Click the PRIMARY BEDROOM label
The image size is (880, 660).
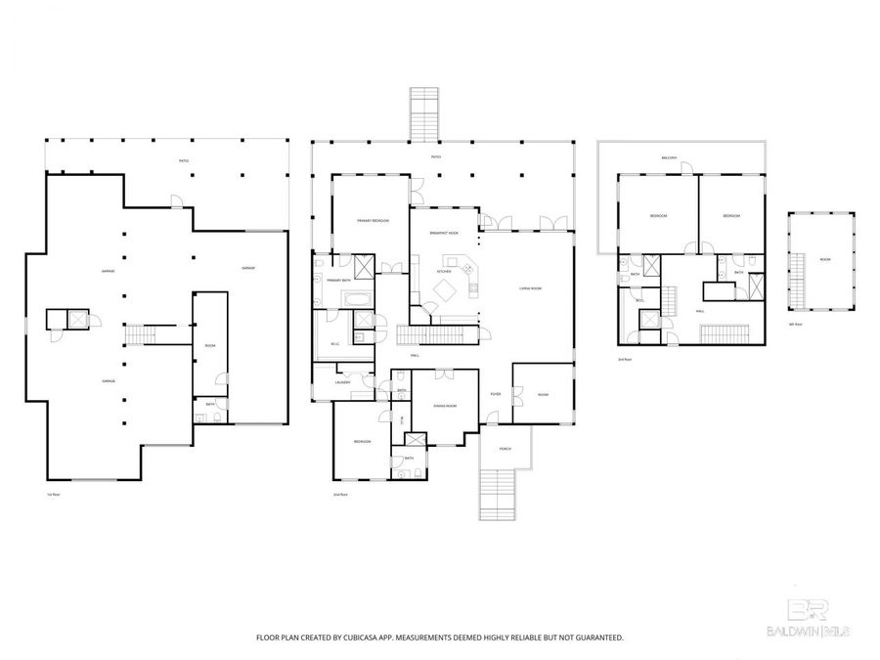pyautogui.click(x=373, y=221)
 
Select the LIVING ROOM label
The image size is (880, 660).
pyautogui.click(x=530, y=287)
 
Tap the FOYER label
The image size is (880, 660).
pyautogui.click(x=496, y=394)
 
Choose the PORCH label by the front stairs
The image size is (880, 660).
pyautogui.click(x=505, y=450)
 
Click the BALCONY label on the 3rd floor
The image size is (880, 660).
pyautogui.click(x=670, y=157)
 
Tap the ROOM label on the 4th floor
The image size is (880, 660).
pyautogui.click(x=824, y=259)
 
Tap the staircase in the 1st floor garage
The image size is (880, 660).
pyautogui.click(x=138, y=335)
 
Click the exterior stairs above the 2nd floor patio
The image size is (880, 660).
pyautogui.click(x=424, y=114)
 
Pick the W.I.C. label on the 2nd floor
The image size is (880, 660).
pyautogui.click(x=334, y=343)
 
